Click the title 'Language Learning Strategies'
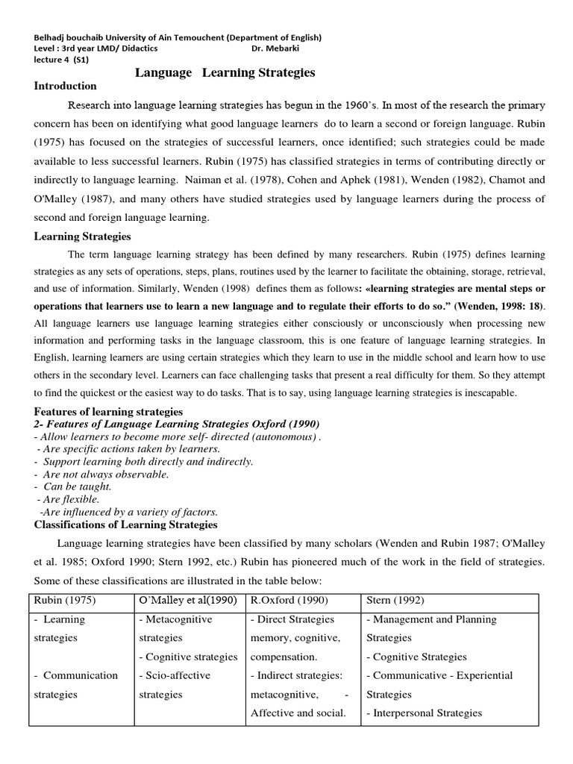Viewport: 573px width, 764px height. (225, 72)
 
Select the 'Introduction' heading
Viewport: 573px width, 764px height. (66, 86)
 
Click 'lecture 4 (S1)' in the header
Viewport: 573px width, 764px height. (61, 61)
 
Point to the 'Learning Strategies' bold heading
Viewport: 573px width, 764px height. (83, 237)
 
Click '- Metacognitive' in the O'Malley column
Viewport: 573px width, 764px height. (176, 619)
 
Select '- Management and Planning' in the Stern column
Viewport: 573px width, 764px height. (431, 619)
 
